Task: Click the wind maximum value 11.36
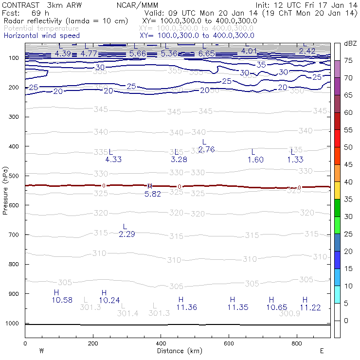(187, 307)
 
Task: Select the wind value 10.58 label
(62, 300)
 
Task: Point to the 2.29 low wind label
(126, 234)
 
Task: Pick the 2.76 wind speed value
(206, 149)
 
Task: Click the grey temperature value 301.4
(127, 314)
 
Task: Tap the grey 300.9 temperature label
(289, 314)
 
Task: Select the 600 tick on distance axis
(229, 343)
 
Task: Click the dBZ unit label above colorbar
(350, 43)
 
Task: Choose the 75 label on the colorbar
(348, 61)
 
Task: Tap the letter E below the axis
(322, 350)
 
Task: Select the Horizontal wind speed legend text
(41, 36)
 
